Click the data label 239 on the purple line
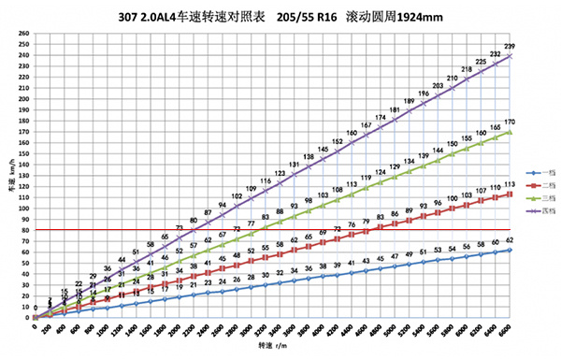pos(509,47)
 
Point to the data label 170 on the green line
pos(509,122)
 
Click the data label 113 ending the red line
pos(509,184)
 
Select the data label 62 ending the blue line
pos(509,240)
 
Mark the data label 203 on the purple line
pos(438,86)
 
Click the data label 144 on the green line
pos(438,151)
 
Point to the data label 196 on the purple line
pos(424,94)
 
